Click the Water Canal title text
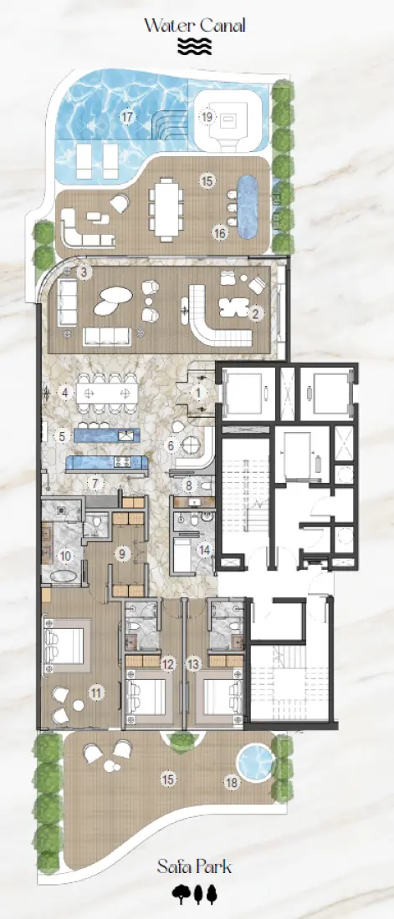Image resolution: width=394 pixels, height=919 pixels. [x=194, y=25]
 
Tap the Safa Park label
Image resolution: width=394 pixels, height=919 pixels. [x=194, y=866]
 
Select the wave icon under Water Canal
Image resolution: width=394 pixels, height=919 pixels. [x=194, y=46]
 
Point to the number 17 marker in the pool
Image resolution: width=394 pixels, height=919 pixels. [x=127, y=117]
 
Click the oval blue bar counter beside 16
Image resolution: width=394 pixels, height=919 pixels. [x=248, y=206]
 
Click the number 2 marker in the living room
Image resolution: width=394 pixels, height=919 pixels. [x=256, y=313]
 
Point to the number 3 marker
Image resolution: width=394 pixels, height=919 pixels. [x=83, y=272]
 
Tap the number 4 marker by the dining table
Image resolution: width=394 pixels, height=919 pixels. [x=65, y=391]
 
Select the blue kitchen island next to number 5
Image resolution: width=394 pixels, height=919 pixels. [x=105, y=434]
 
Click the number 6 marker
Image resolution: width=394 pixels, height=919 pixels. [x=171, y=446]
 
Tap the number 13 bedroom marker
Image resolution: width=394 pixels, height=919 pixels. [x=195, y=664]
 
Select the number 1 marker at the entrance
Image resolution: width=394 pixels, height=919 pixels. [x=198, y=391]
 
